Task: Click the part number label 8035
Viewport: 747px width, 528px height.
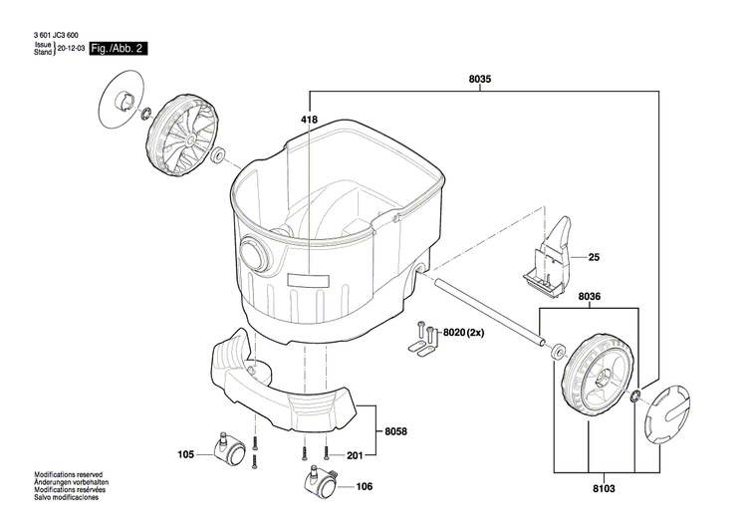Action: pyautogui.click(x=478, y=79)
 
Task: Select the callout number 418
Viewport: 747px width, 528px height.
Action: pyautogui.click(x=309, y=120)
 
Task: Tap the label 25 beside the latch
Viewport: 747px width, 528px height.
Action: pyautogui.click(x=594, y=258)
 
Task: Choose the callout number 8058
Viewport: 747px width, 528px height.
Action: pyautogui.click(x=397, y=432)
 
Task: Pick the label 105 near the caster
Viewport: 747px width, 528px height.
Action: pyautogui.click(x=185, y=455)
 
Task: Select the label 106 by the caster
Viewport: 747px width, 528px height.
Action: pyautogui.click(x=364, y=487)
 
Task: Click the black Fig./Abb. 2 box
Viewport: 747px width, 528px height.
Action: pyautogui.click(x=119, y=48)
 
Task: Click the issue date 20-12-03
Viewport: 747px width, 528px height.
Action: pyautogui.click(x=71, y=48)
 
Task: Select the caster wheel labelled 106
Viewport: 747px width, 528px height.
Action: pyautogui.click(x=317, y=483)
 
